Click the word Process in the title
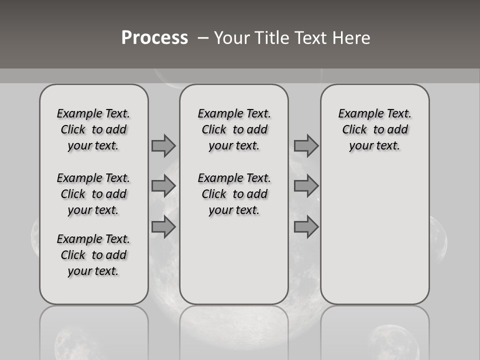coord(154,38)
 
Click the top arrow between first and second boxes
coord(163,145)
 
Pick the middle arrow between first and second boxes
coord(163,186)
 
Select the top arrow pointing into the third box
coord(306,145)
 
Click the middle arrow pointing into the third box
coord(306,186)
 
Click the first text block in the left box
coord(93,129)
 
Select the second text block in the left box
coord(93,194)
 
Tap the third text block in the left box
coord(93,255)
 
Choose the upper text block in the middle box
coord(234,129)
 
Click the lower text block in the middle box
coord(234,194)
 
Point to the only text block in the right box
coord(374,129)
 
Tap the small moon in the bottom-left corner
coord(75,342)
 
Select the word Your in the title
coord(232,38)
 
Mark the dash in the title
coord(203,38)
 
